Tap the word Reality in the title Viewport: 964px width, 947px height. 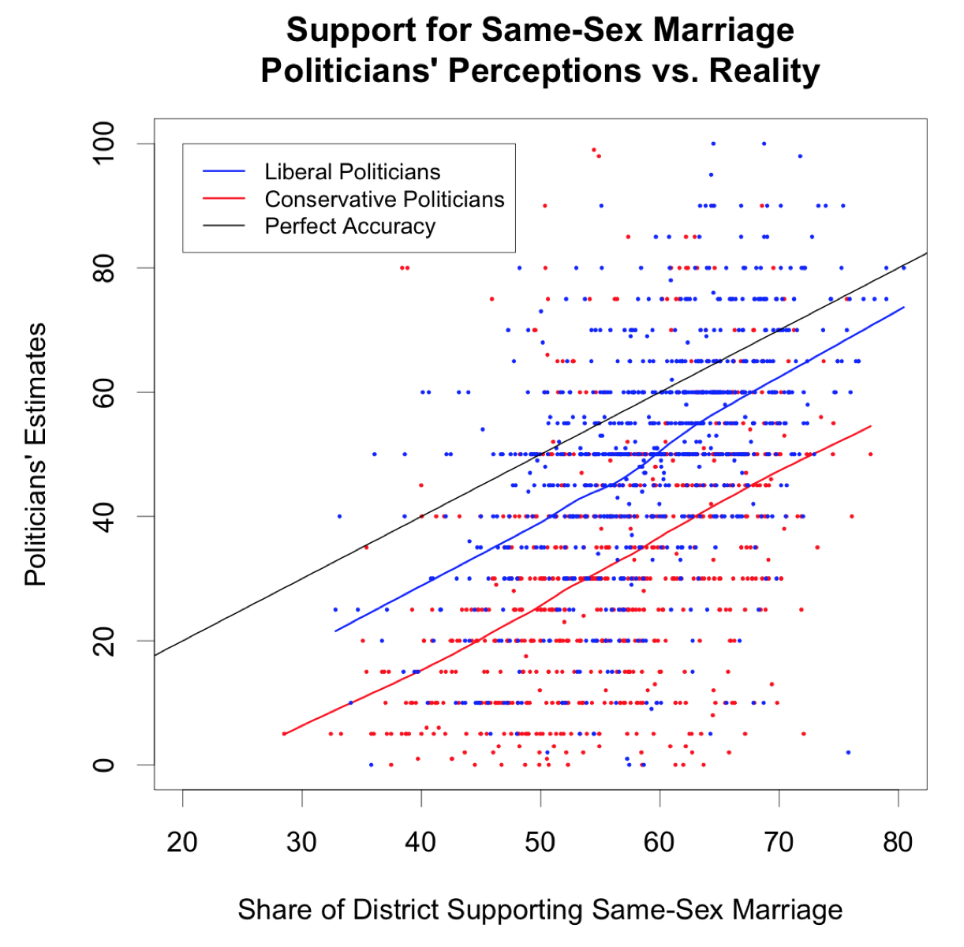coord(764,71)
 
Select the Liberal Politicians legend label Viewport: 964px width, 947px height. coord(352,172)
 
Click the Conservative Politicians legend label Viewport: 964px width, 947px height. coord(384,199)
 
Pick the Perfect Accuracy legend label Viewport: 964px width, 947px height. coord(349,226)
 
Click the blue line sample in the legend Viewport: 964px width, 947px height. coord(225,172)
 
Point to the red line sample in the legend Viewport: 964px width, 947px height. coord(225,199)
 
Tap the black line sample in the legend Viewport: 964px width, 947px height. coord(225,226)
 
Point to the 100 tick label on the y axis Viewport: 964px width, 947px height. coord(103,144)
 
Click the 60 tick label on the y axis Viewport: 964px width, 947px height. coord(103,392)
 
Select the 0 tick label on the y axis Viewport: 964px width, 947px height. coord(103,765)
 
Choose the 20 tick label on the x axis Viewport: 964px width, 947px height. coord(182,842)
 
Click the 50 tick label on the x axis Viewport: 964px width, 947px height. coord(540,842)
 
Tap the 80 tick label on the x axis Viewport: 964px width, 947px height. coord(898,842)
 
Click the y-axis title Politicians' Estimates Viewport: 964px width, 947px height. coord(36,454)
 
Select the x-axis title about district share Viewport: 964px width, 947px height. coord(540,909)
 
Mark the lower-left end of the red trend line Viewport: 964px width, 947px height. coord(284,734)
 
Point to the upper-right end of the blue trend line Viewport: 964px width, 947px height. coord(903,307)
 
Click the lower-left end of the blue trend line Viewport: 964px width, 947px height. coord(336,631)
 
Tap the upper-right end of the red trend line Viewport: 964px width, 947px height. coord(870,426)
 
